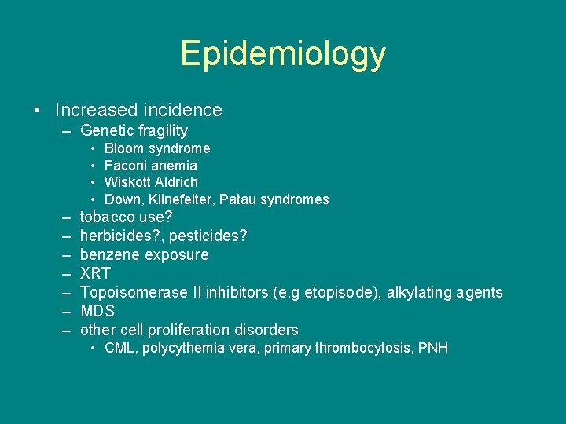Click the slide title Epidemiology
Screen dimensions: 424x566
(283, 53)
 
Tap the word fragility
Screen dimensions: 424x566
(161, 131)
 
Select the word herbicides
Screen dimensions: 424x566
(117, 236)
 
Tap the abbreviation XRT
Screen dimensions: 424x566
(95, 274)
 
